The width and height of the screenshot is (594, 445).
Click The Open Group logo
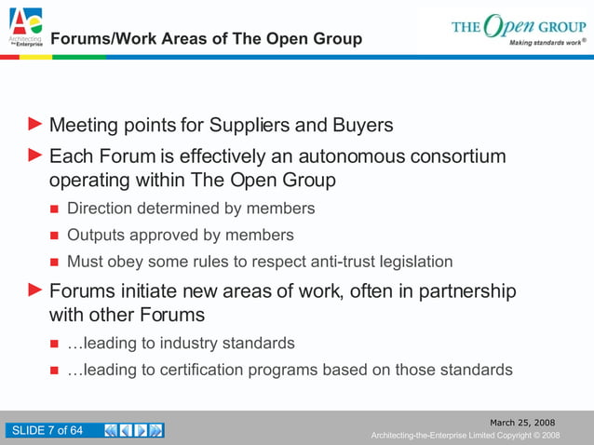(x=518, y=28)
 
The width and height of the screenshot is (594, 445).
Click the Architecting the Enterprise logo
(x=26, y=26)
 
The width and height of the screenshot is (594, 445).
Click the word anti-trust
(x=322, y=261)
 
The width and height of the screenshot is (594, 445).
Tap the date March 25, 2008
(x=528, y=423)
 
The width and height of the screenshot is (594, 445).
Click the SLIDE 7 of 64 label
(x=46, y=430)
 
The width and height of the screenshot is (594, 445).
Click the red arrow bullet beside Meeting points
(x=35, y=124)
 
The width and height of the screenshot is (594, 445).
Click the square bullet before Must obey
(x=54, y=262)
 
